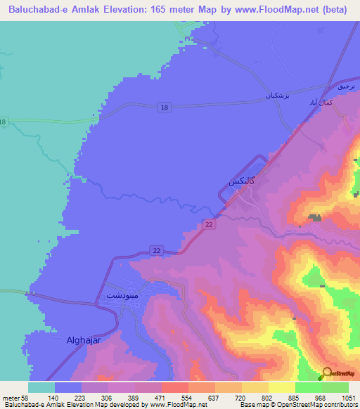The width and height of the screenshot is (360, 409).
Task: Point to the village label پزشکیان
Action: [x=278, y=94]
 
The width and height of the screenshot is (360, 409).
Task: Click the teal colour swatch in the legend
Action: [x=41, y=387]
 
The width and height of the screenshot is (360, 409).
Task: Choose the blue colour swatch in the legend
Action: [x=68, y=387]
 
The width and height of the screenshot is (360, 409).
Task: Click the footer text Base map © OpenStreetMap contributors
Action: [x=299, y=405]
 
